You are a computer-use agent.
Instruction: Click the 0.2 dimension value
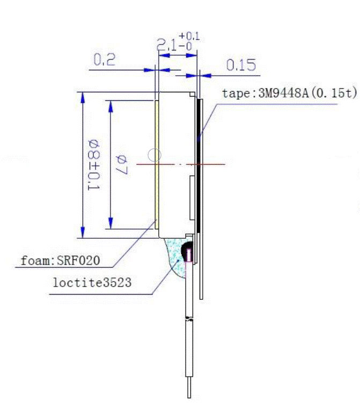(104, 61)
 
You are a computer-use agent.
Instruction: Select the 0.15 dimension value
(241, 65)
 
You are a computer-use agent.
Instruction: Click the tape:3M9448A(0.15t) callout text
(289, 93)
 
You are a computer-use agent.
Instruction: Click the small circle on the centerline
(155, 155)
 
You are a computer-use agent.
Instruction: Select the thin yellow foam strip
(157, 161)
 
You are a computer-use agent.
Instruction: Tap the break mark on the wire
(189, 320)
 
